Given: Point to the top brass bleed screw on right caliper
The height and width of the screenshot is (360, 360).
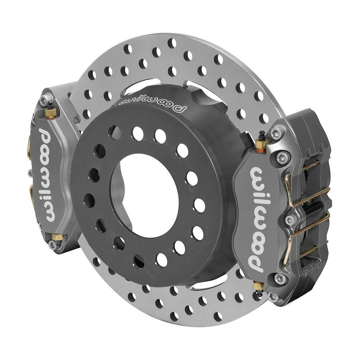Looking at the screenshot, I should [262, 144].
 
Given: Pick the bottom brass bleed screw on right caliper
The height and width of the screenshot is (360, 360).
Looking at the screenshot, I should [258, 287].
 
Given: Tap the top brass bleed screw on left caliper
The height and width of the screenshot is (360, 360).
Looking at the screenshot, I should [51, 112].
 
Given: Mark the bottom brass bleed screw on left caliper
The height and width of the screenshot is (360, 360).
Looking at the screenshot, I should [58, 238].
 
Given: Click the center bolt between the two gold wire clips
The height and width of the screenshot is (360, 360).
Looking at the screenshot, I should [290, 219].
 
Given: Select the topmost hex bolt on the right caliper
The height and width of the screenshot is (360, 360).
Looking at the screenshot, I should [276, 134].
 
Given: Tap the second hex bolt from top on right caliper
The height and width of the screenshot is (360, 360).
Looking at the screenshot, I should [283, 157].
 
